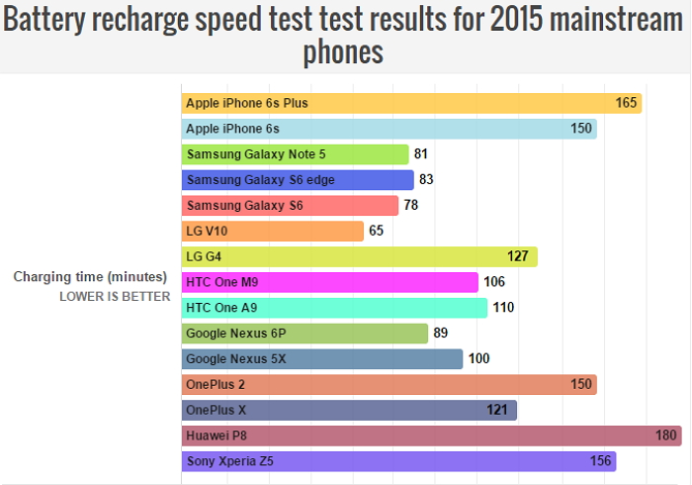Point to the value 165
point(626,103)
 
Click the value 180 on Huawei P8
point(667,436)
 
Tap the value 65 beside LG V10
point(377,231)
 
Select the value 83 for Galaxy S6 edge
point(427,179)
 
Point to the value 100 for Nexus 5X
point(479,359)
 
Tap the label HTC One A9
point(223,308)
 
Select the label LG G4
point(204,256)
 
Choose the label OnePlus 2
point(216,384)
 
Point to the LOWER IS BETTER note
point(115,296)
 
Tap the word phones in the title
point(343,52)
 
